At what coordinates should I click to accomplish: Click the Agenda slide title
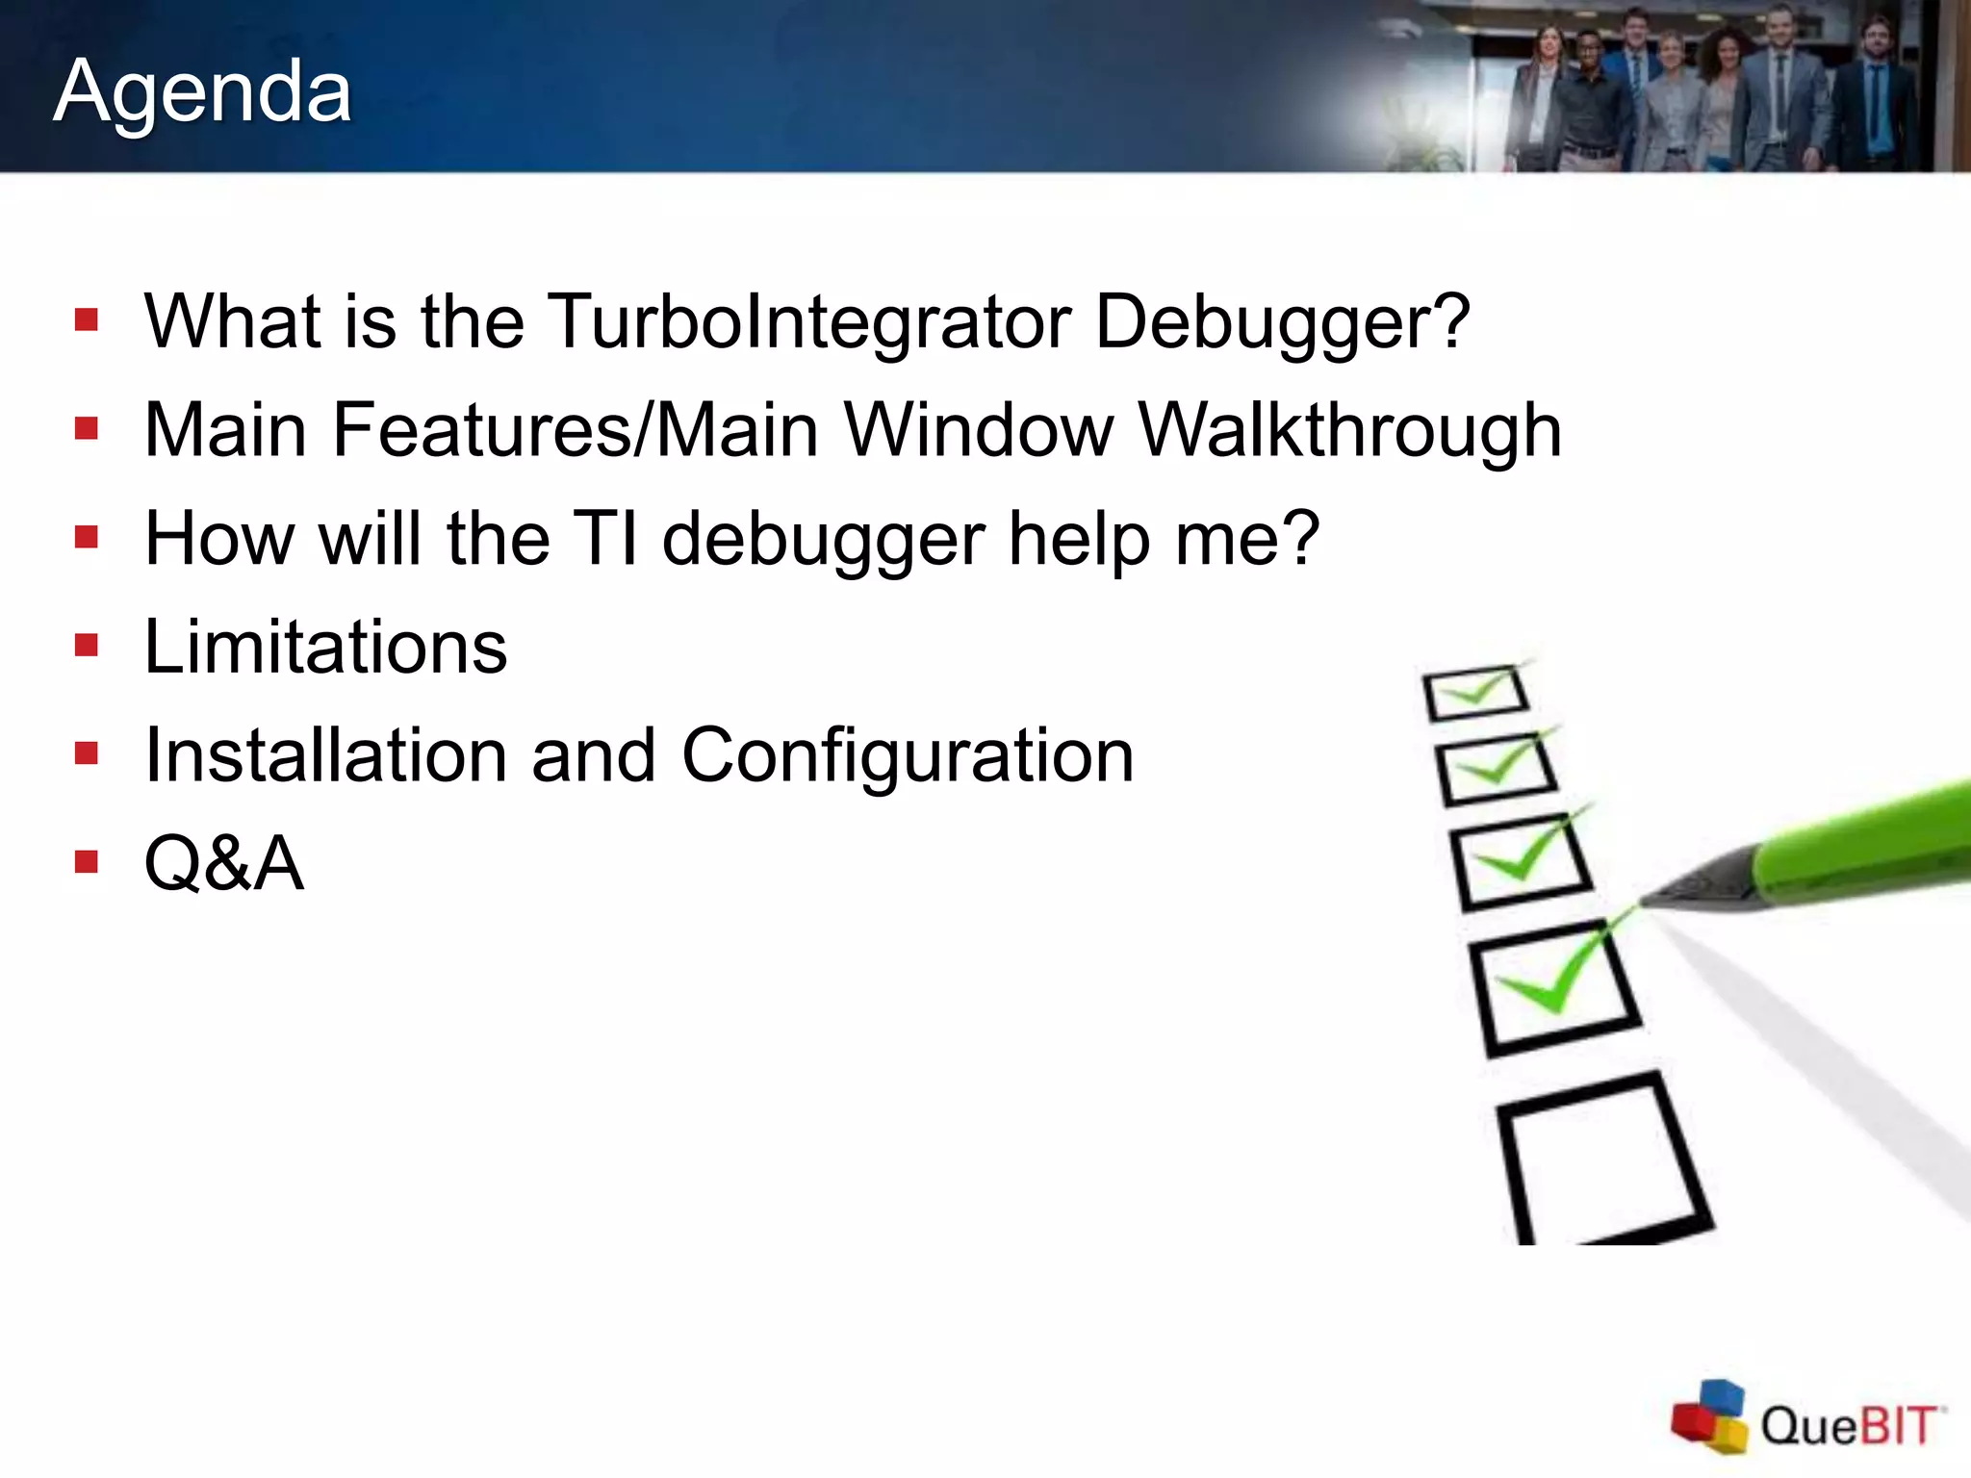click(202, 91)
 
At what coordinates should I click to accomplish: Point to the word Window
click(978, 430)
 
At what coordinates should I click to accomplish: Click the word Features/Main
click(576, 430)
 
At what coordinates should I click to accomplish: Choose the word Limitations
click(325, 647)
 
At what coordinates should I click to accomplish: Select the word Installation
click(325, 755)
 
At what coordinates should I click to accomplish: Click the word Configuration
click(908, 756)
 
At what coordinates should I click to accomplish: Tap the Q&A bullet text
click(224, 863)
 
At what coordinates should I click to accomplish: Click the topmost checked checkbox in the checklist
click(1475, 693)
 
